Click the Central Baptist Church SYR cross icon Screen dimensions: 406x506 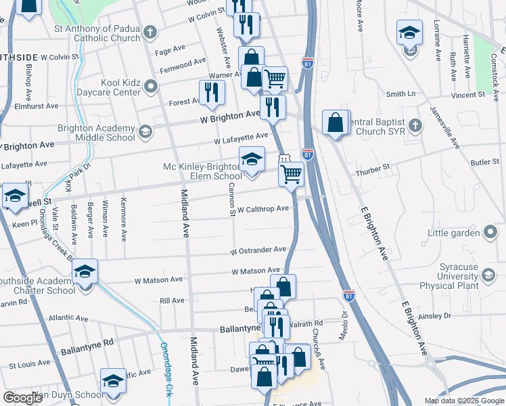pyautogui.click(x=415, y=126)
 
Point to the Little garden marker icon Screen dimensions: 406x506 pyautogui.click(x=490, y=233)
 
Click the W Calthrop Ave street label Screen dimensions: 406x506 pyautogui.click(x=263, y=209)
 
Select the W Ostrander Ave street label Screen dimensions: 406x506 pyautogui.click(x=258, y=250)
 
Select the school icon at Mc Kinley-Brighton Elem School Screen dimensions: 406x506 pyautogui.click(x=252, y=160)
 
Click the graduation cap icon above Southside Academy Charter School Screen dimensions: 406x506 pyautogui.click(x=85, y=271)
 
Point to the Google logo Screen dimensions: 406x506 pyautogui.click(x=22, y=399)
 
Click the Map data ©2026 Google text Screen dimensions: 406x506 pyautogui.click(x=463, y=401)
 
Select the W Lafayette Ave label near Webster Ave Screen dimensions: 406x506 pyautogui.click(x=241, y=139)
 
